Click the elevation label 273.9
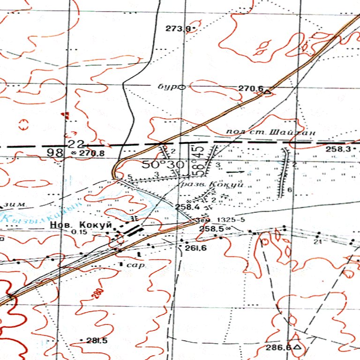[178, 29]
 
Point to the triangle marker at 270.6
[268, 92]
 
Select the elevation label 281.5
[97, 340]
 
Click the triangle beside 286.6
[296, 348]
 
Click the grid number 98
[54, 153]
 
